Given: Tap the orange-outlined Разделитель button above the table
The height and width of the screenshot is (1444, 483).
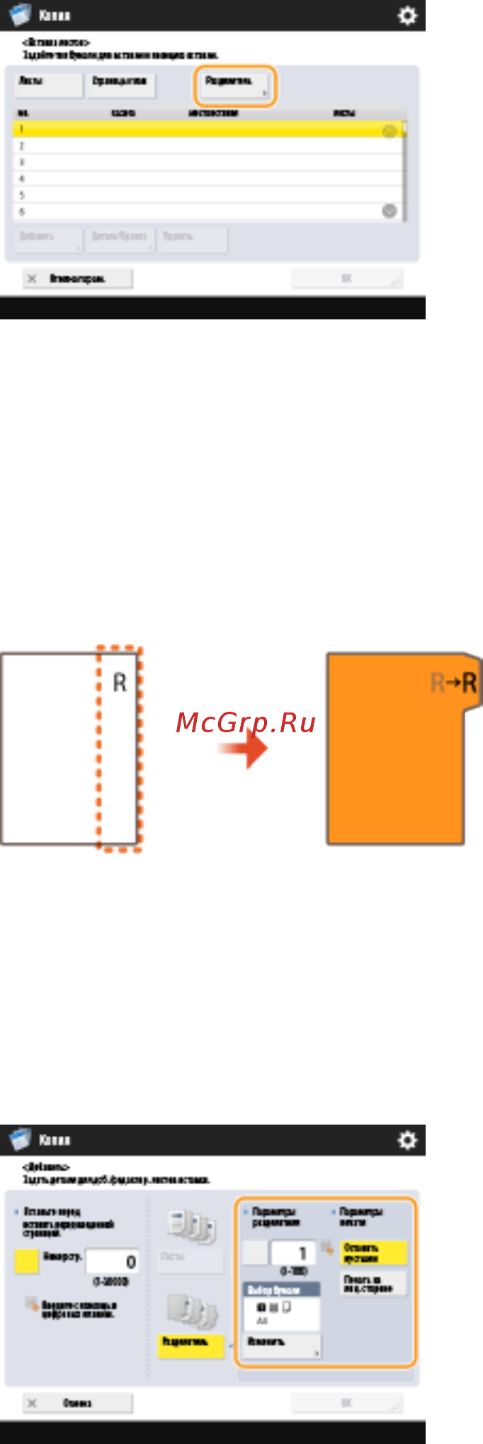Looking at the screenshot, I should coord(234,85).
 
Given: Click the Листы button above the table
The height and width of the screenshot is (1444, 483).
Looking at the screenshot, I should coord(48,85).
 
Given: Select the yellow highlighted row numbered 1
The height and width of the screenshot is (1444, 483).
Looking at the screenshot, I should coord(205,130).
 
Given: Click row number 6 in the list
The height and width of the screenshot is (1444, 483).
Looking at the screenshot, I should coord(205,211).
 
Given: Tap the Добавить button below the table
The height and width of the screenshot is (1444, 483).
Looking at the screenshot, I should coord(48,239).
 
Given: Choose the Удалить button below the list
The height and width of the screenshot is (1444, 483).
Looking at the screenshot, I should coord(193,239).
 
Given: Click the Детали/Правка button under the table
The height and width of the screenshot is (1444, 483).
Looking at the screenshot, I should coord(120,239).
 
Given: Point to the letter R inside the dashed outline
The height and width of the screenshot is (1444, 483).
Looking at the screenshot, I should coord(120,683).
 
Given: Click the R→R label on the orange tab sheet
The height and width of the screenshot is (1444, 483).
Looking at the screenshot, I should coord(454,683).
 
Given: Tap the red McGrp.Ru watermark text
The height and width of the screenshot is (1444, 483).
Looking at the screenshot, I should coord(245,722).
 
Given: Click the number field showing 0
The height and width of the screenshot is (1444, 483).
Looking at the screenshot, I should coord(112,1261).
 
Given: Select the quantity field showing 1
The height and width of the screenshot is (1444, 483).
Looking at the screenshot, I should coord(292,1252).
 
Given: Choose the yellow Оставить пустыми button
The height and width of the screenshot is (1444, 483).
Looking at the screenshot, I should coord(373,1253).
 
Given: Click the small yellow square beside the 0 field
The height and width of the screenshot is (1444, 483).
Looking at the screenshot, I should coord(26,1261).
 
